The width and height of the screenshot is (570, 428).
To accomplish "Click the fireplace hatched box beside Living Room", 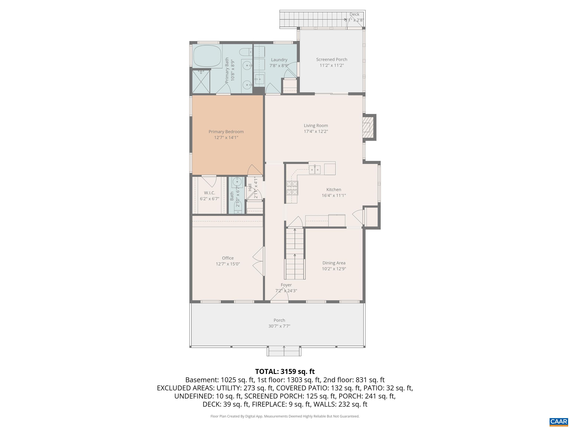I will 366,127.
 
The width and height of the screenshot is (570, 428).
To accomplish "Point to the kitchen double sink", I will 315,169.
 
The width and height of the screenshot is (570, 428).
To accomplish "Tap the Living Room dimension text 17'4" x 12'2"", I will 316,131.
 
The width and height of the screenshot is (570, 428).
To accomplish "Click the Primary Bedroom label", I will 226,132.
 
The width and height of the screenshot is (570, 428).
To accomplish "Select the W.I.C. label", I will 209,193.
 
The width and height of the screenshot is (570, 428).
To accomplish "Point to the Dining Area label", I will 334,263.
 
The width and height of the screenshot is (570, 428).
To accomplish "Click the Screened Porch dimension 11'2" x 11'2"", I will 332,65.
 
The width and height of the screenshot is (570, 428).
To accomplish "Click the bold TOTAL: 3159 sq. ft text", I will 285,372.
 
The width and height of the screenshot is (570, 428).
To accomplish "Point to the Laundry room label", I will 279,60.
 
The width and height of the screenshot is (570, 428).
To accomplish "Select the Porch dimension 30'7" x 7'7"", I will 279,326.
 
